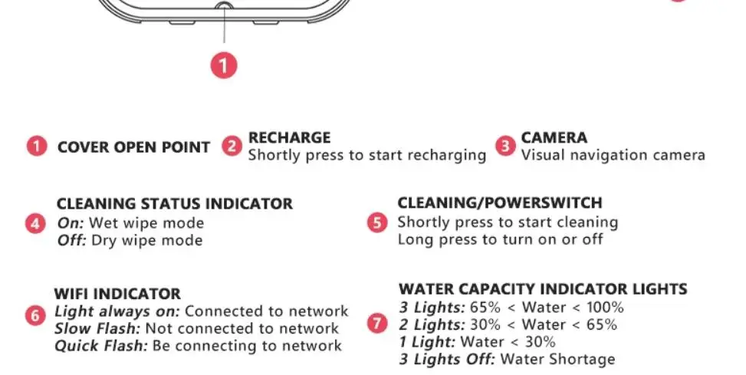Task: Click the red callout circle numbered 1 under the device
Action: click(224, 65)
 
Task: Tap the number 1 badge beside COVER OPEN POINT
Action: click(37, 146)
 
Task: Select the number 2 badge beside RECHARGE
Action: click(232, 146)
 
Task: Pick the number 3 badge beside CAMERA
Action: click(504, 146)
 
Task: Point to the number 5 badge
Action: click(377, 222)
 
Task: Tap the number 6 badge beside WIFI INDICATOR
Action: click(35, 315)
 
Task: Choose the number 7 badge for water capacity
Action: click(376, 323)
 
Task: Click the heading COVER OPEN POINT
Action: click(133, 147)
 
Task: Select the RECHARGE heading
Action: click(289, 137)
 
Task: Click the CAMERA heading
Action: click(554, 137)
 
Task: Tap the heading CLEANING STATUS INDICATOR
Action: click(175, 204)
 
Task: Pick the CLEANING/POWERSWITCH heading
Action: click(500, 203)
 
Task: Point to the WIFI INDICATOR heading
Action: click(117, 294)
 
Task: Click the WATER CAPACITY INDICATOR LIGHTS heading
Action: click(543, 289)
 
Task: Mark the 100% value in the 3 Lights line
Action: click(606, 308)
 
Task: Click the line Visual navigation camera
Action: click(613, 155)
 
